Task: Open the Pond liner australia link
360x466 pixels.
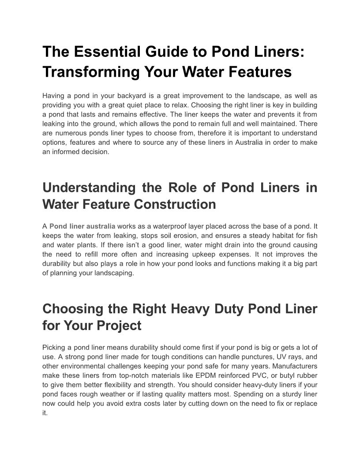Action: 82,226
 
